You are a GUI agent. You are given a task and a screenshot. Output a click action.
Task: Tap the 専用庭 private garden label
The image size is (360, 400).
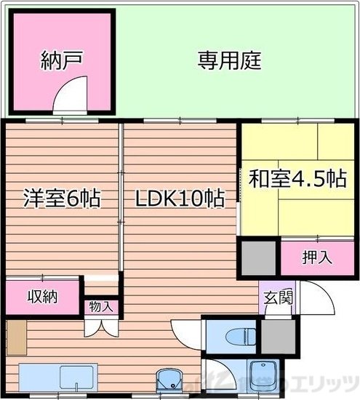pyautogui.click(x=229, y=60)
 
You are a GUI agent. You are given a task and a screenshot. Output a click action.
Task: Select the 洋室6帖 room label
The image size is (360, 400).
pyautogui.click(x=61, y=198)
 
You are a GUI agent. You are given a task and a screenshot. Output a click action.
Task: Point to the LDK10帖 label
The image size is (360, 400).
pyautogui.click(x=179, y=198)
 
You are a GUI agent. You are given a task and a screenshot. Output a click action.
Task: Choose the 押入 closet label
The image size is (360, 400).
pyautogui.click(x=317, y=257)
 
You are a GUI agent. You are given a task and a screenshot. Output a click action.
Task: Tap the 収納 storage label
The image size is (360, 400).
pyautogui.click(x=42, y=297)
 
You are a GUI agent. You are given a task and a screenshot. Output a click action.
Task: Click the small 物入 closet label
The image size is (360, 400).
pyautogui.click(x=100, y=306)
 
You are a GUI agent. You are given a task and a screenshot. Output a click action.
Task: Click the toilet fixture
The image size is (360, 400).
pyautogui.click(x=235, y=337)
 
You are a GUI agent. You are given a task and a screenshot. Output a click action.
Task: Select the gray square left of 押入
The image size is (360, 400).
pyautogui.click(x=259, y=257)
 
